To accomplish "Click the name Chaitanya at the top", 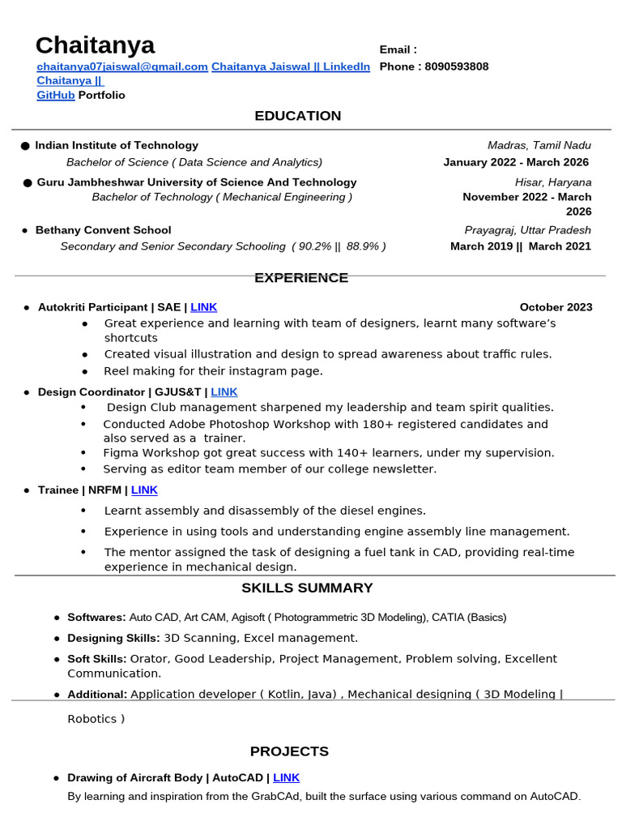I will tap(95, 45).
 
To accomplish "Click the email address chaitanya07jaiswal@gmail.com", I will tap(122, 66).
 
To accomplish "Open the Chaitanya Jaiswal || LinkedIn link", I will tap(291, 66).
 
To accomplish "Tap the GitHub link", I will tap(56, 95).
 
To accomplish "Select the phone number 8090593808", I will tap(457, 66).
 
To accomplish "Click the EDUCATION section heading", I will tap(298, 116).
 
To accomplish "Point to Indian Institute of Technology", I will tap(117, 145).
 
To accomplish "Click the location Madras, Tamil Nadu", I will tap(539, 145).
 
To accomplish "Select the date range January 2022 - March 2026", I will tap(516, 162).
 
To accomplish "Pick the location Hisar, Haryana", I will tap(552, 182).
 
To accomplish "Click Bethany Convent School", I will tap(103, 230).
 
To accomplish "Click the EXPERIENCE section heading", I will tap(301, 278).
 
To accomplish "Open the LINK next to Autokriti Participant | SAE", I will tap(204, 307).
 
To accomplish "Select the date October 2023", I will tap(556, 307).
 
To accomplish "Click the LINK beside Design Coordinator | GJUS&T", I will tap(224, 391).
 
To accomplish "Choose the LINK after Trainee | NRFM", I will tap(144, 490).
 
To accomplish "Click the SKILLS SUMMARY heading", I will tap(307, 588).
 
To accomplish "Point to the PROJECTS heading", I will tap(289, 751).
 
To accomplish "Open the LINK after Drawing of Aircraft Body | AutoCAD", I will tap(287, 778).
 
